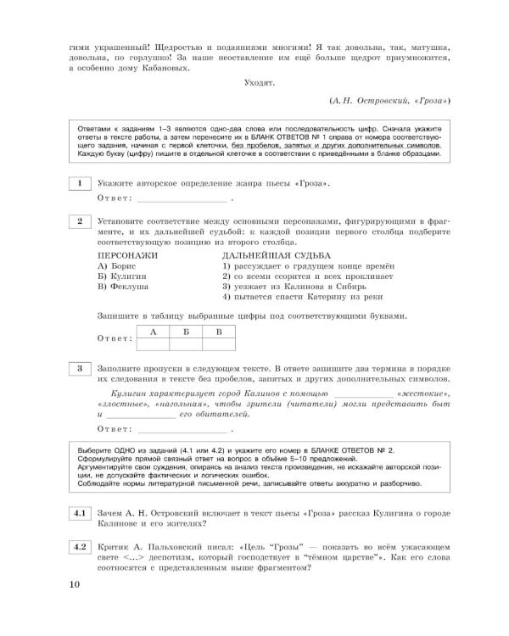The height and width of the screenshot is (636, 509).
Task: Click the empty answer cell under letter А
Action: (x=154, y=343)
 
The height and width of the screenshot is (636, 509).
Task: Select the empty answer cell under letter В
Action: (x=218, y=343)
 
